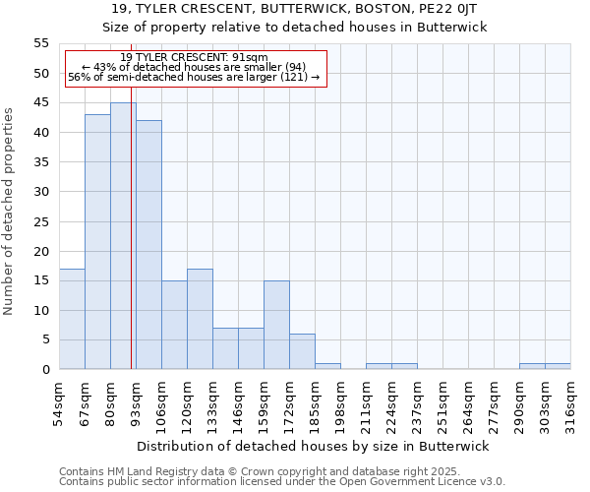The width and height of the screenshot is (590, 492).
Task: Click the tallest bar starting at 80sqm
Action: tap(123, 236)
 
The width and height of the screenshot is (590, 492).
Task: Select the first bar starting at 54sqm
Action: tap(72, 319)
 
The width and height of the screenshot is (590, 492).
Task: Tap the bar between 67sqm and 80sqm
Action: tap(97, 242)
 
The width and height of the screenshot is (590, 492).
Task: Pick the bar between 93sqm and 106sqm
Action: tap(148, 245)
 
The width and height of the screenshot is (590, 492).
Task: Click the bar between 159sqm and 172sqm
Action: tap(276, 325)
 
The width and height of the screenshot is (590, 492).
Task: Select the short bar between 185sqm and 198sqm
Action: tap(327, 366)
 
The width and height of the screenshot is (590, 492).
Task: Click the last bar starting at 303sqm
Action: tap(558, 366)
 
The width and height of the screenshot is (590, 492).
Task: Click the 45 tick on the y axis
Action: tap(41, 103)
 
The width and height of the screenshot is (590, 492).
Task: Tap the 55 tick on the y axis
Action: tap(41, 43)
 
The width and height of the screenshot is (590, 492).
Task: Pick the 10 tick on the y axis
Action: tap(41, 311)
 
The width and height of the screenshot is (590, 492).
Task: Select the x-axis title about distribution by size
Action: tap(312, 446)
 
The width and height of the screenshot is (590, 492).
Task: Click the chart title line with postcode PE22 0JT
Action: tap(295, 9)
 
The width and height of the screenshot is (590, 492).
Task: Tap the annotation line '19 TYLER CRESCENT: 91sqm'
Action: tap(194, 58)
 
